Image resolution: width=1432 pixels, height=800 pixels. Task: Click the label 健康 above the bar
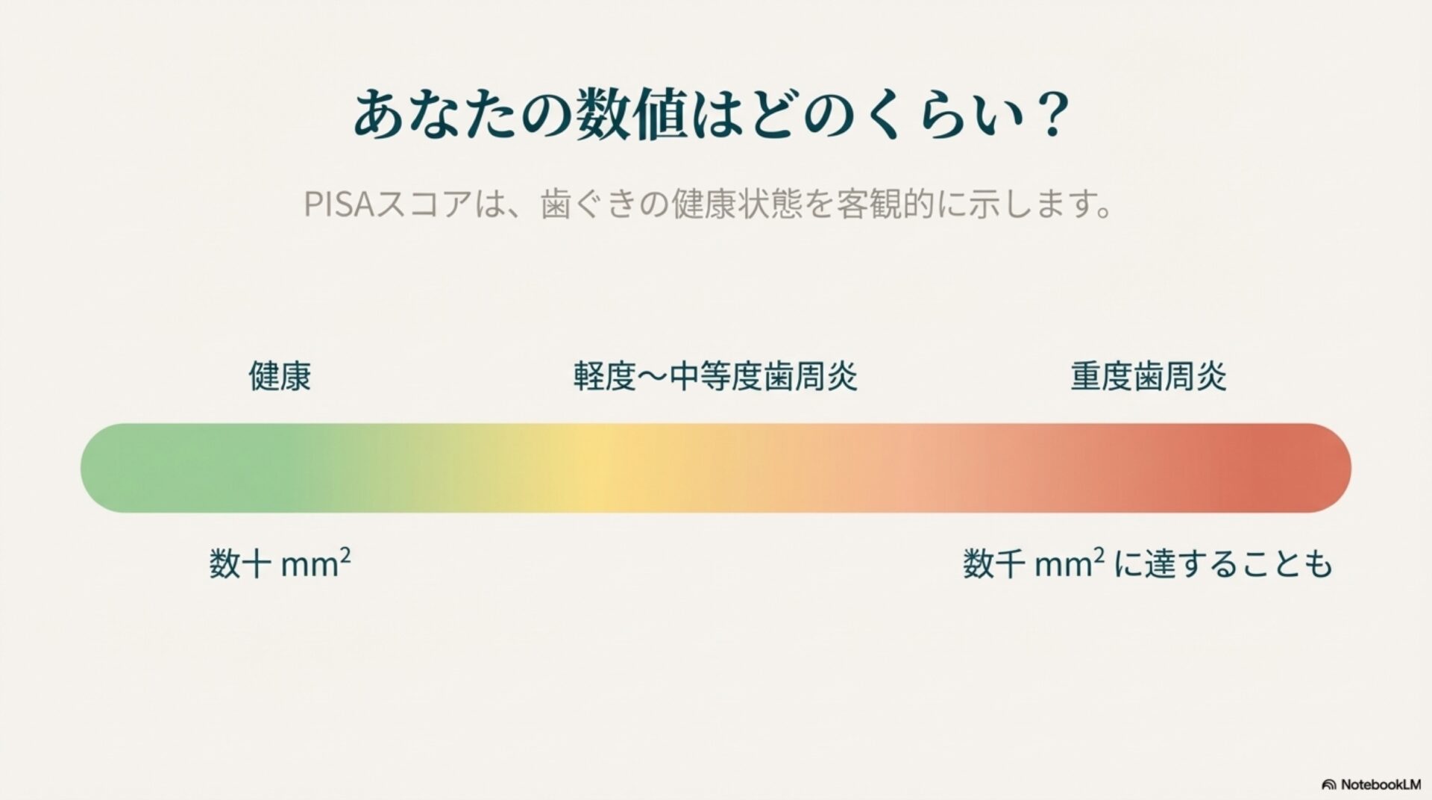(280, 377)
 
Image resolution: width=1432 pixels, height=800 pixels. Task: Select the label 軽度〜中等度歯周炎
(715, 377)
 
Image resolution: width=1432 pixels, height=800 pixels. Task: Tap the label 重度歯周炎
(1149, 377)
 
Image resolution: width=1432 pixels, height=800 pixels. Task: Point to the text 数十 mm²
(280, 564)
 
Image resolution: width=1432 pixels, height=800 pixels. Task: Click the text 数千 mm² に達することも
(1147, 564)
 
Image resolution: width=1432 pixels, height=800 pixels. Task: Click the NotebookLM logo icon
(1328, 785)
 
